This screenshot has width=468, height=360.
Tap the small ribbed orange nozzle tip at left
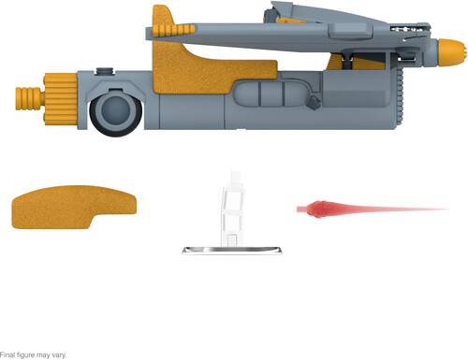point(29,98)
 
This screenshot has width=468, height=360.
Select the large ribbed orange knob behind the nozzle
point(61,99)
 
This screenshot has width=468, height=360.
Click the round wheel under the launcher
point(116,112)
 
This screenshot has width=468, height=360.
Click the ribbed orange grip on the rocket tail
point(173,30)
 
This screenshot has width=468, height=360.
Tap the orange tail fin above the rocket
point(163,16)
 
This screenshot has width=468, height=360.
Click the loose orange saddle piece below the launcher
point(74,207)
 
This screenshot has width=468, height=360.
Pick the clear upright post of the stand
point(232,209)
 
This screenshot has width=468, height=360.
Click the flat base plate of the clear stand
point(232,251)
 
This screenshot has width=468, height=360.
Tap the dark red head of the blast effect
point(315,209)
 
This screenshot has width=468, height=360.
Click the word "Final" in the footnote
point(7,355)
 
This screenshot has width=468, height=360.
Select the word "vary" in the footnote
point(59,355)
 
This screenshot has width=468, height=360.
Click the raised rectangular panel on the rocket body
point(349,31)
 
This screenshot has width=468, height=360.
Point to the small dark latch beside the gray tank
point(314,103)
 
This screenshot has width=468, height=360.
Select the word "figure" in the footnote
point(25,355)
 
